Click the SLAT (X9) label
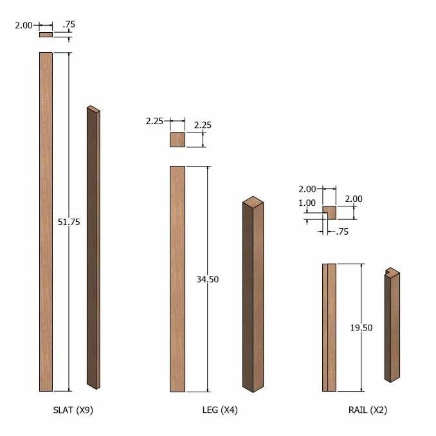pos(73,410)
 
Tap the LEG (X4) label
pos(220,410)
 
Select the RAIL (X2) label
pos(368,410)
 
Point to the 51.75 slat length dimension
pos(69,222)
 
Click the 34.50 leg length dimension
pos(208,279)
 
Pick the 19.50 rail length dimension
pos(361,328)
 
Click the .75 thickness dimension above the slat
pos(69,24)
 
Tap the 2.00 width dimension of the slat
pos(24,26)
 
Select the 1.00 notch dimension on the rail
pos(307,203)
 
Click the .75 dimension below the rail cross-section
pos(342,232)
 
